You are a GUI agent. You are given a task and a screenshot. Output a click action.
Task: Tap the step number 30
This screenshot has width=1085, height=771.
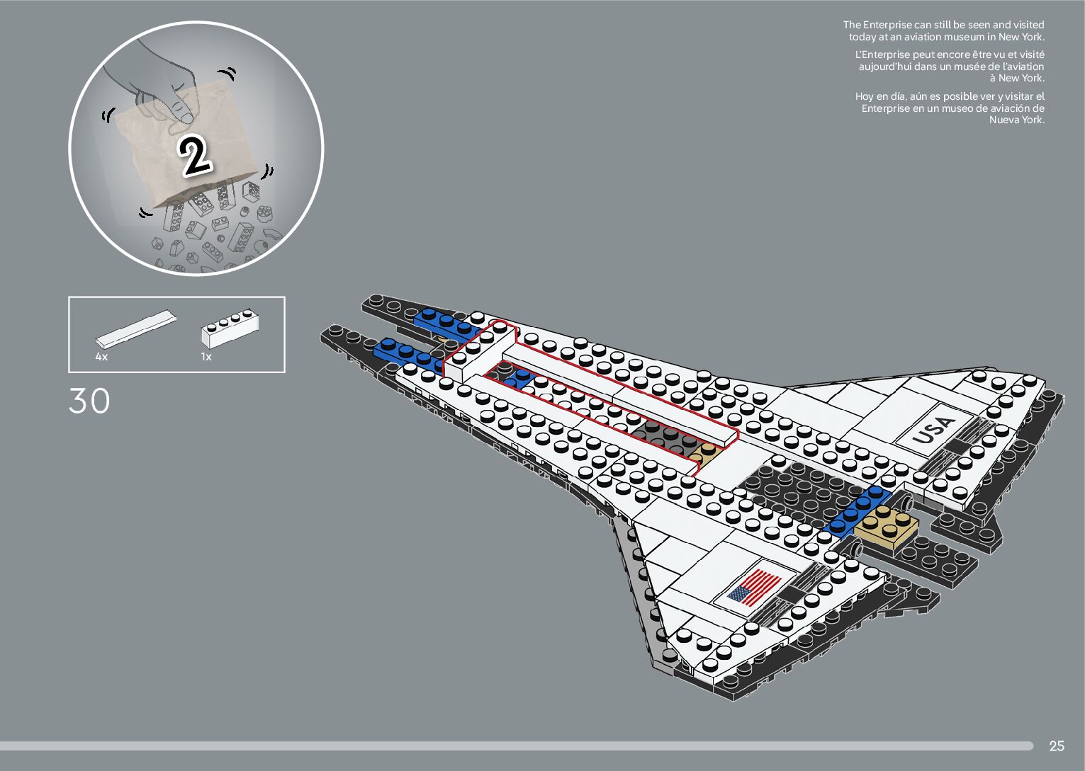[x=89, y=401]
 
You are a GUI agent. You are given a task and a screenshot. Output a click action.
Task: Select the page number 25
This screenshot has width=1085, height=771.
[x=1056, y=746]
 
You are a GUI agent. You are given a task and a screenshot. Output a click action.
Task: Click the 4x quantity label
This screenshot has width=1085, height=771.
[x=101, y=357]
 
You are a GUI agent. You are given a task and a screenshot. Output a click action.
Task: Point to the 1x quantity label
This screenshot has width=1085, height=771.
[x=206, y=357]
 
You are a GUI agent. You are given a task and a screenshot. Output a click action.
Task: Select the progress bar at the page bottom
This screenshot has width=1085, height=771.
[x=516, y=746]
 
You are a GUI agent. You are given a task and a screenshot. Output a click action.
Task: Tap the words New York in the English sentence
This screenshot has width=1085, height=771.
[x=1021, y=37]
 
